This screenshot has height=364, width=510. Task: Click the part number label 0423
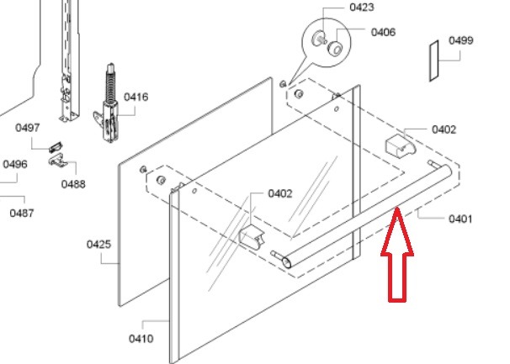point(362,8)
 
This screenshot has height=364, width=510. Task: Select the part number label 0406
point(383,32)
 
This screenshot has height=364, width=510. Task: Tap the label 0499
point(461,40)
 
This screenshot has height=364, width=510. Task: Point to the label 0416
point(136,97)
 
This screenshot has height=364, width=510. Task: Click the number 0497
point(28,128)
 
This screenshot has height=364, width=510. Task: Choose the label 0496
point(15,164)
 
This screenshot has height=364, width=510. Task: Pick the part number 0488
point(73,184)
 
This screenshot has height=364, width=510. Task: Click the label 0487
point(22,214)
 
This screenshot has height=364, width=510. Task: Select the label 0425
point(98,245)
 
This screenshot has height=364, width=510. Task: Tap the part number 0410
point(141,339)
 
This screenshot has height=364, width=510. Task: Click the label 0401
point(460,219)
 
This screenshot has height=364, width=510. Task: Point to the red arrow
point(397,255)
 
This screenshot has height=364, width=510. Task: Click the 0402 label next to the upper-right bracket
point(444,129)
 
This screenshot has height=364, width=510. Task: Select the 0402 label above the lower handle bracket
point(280,193)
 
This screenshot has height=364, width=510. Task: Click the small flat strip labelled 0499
point(434,61)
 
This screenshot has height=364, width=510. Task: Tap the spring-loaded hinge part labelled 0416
point(109,103)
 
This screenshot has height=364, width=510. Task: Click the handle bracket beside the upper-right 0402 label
point(400,146)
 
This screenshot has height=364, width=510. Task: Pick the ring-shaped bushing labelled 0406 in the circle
point(335,49)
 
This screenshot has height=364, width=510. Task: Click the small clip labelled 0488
point(58,161)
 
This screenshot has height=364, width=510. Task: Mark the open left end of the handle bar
point(286,262)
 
